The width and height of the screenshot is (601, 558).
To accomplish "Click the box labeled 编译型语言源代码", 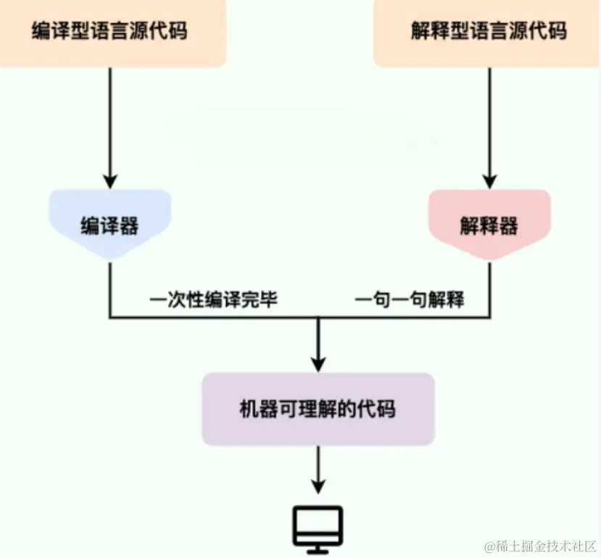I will point(109,32).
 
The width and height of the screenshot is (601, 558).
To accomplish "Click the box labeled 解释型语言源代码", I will point(487,32).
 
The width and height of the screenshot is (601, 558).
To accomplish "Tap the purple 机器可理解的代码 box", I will point(318,409).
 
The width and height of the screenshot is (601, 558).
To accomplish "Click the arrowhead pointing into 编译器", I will point(109,181).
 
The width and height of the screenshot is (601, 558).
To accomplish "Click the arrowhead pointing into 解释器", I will point(489,181).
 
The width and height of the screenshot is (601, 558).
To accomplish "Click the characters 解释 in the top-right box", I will point(428,32).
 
